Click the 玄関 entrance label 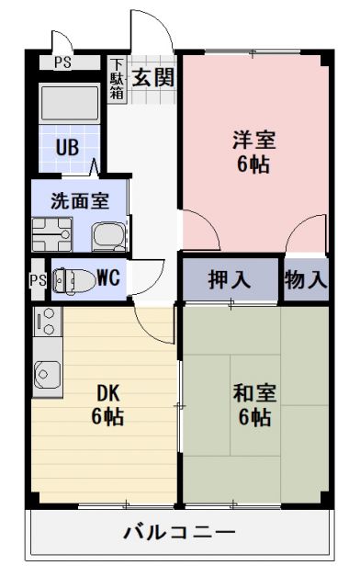coord(152,77)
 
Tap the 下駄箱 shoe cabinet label coord(118,80)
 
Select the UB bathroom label coord(66,147)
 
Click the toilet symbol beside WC coord(67,277)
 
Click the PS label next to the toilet coord(38,279)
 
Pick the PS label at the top coord(62,62)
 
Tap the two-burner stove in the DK coord(47,323)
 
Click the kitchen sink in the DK coord(47,373)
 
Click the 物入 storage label coord(305,280)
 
